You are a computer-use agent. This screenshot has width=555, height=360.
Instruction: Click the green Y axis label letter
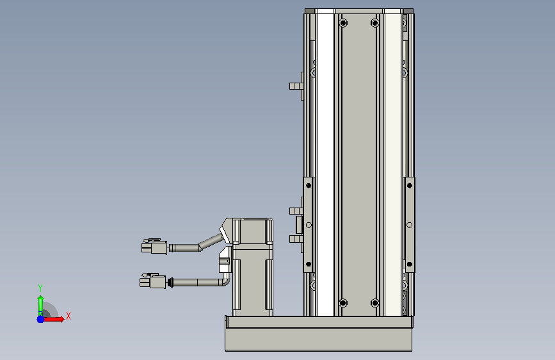[40, 288]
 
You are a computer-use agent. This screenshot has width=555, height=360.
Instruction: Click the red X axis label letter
[68, 316]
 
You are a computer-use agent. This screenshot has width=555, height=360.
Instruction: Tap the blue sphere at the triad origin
[41, 319]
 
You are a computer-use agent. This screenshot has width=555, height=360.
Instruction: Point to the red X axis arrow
[53, 319]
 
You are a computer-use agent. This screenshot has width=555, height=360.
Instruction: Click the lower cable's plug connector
[152, 281]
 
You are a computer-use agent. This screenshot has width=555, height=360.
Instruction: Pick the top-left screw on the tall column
[342, 24]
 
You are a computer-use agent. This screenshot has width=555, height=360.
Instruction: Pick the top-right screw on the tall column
[375, 24]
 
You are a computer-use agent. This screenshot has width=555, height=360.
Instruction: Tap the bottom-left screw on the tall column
[342, 303]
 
